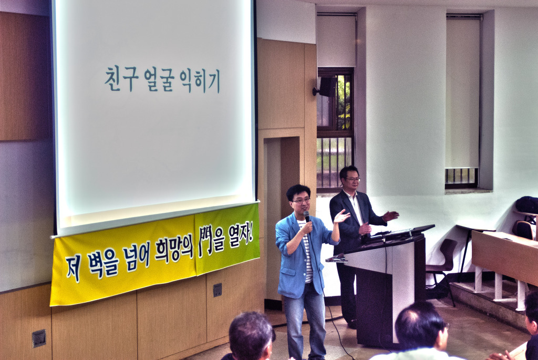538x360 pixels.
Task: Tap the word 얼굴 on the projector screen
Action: pyautogui.click(x=159, y=80)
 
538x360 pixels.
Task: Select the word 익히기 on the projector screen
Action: pyautogui.click(x=200, y=81)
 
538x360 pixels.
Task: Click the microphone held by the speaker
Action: pyautogui.click(x=307, y=216)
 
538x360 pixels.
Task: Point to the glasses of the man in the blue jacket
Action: pyautogui.click(x=301, y=201)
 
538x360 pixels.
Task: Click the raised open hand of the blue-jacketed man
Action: pyautogui.click(x=342, y=216)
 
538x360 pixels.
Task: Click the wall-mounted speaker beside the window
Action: pyautogui.click(x=325, y=87)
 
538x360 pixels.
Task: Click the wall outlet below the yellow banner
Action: pyautogui.click(x=217, y=290)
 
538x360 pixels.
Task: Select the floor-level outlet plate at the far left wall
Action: pyautogui.click(x=39, y=338)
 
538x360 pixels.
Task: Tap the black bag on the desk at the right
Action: pyautogui.click(x=526, y=204)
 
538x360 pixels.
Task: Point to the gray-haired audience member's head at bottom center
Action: pyautogui.click(x=251, y=335)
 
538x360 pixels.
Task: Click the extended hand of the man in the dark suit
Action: pyautogui.click(x=390, y=216)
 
